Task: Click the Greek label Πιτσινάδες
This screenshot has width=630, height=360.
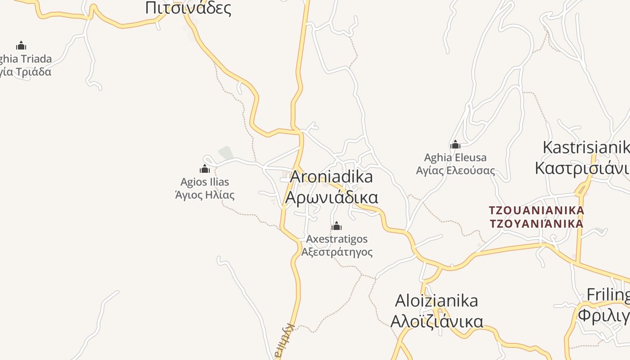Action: click(x=188, y=8)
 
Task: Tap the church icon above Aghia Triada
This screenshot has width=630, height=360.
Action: click(x=21, y=45)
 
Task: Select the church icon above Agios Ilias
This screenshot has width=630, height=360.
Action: click(x=205, y=169)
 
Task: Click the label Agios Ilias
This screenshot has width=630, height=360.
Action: click(x=205, y=182)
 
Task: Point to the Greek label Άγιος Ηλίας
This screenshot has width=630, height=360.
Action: click(x=205, y=195)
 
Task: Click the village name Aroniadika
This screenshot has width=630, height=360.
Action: click(x=331, y=177)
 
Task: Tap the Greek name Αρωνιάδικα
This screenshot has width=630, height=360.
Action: click(x=332, y=198)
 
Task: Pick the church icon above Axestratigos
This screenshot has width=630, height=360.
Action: click(x=337, y=226)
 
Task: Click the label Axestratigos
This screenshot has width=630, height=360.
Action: click(x=337, y=239)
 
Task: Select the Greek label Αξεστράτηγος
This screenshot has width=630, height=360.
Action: click(x=337, y=252)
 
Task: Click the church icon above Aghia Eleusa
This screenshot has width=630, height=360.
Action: click(x=455, y=144)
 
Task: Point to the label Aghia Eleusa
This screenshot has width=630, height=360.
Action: click(x=455, y=158)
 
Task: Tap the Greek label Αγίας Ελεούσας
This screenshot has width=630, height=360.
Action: click(x=455, y=171)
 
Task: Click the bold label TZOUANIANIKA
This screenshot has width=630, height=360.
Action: click(x=536, y=210)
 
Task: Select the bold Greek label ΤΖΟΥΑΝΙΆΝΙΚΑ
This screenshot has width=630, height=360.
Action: click(x=536, y=224)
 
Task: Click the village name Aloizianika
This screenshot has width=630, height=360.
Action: click(x=436, y=301)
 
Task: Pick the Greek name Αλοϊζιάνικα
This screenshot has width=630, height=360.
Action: click(x=436, y=321)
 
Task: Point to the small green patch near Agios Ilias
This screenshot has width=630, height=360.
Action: click(x=226, y=153)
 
